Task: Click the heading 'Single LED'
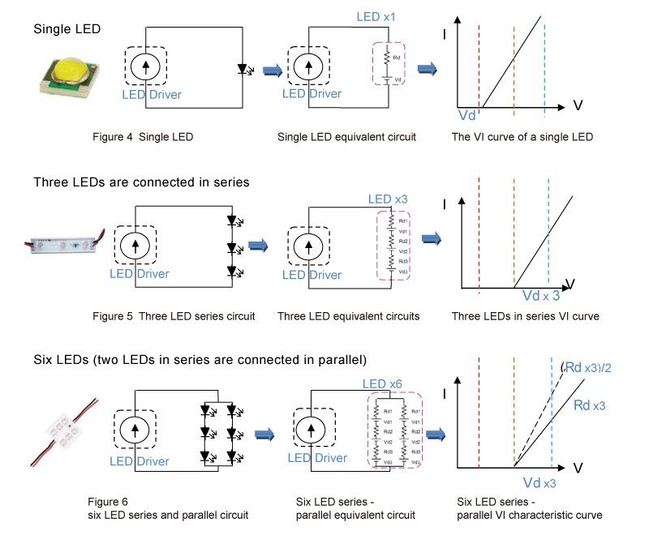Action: click(67, 29)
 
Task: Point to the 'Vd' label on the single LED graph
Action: click(467, 116)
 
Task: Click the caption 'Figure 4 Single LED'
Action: click(143, 137)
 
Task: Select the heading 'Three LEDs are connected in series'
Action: click(141, 182)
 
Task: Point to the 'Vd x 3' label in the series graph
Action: click(540, 296)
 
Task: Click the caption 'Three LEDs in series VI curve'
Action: click(526, 316)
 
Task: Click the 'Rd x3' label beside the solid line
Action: click(592, 404)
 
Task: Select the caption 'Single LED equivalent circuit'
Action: click(346, 137)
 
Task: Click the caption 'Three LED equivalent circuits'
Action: click(348, 316)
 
